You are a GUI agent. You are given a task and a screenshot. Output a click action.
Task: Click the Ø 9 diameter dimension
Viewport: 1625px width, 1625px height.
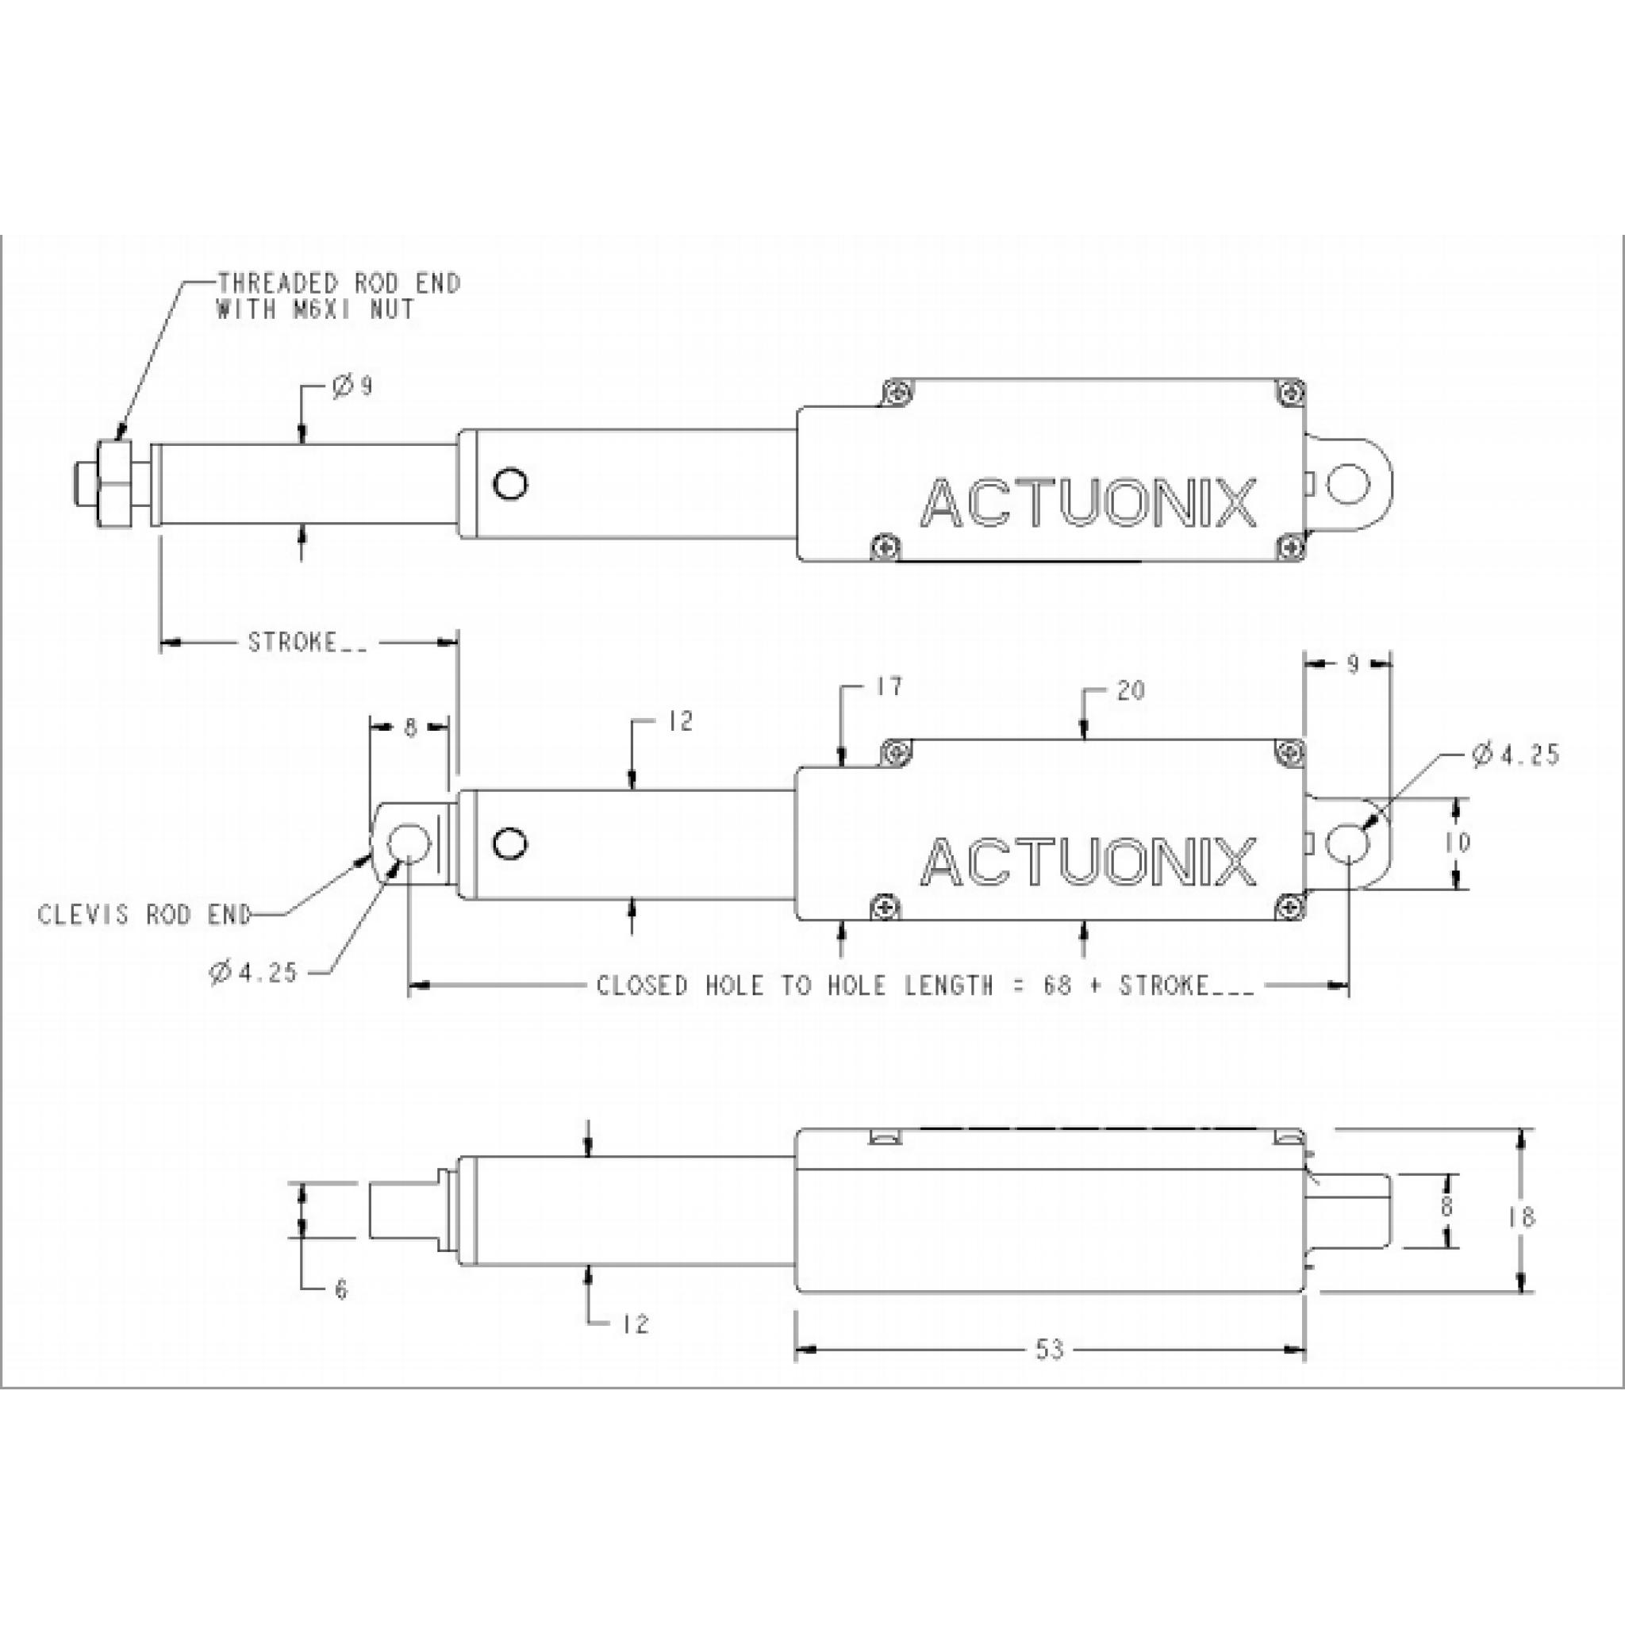(352, 387)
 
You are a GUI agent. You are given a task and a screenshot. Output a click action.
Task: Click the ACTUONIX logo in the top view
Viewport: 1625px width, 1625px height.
(1089, 503)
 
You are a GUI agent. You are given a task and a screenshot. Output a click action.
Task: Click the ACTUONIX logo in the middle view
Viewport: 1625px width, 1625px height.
(1089, 861)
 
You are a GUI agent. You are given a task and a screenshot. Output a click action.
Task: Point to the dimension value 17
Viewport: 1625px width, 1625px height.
(888, 687)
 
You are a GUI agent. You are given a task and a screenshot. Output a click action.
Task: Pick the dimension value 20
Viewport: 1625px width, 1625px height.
(1131, 690)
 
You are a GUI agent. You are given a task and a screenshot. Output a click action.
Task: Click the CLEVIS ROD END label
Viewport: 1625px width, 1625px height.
(144, 915)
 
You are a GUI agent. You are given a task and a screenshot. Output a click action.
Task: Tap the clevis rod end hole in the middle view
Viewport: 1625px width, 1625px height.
(409, 843)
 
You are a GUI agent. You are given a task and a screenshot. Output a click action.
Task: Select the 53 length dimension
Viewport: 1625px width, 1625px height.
(1049, 1350)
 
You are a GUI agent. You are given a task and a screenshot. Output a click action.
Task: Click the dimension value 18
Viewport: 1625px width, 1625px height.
(1522, 1217)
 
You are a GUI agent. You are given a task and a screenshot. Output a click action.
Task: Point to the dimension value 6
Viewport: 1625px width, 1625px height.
(340, 1290)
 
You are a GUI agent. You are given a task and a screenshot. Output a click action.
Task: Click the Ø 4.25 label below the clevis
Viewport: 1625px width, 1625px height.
(253, 973)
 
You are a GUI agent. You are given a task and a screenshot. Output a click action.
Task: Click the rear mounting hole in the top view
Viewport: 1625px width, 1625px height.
(1348, 485)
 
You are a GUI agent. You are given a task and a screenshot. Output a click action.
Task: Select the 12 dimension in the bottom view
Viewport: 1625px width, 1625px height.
(636, 1325)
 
